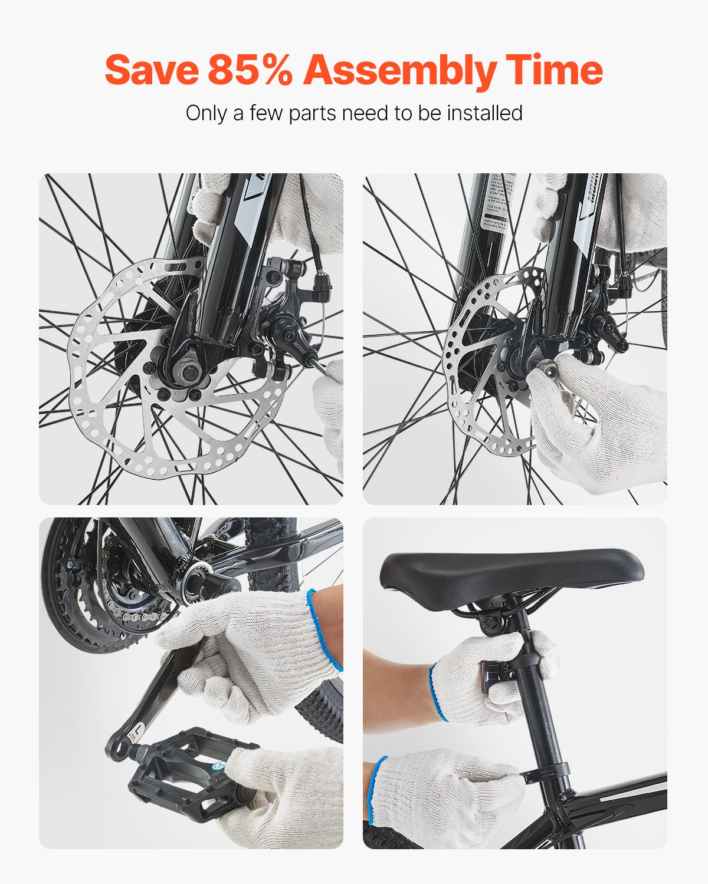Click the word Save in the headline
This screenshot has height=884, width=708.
[x=151, y=70]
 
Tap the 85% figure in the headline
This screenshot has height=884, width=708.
[x=250, y=70]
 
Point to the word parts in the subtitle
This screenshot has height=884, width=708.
[x=313, y=113]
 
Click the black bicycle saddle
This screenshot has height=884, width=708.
[x=511, y=570]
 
